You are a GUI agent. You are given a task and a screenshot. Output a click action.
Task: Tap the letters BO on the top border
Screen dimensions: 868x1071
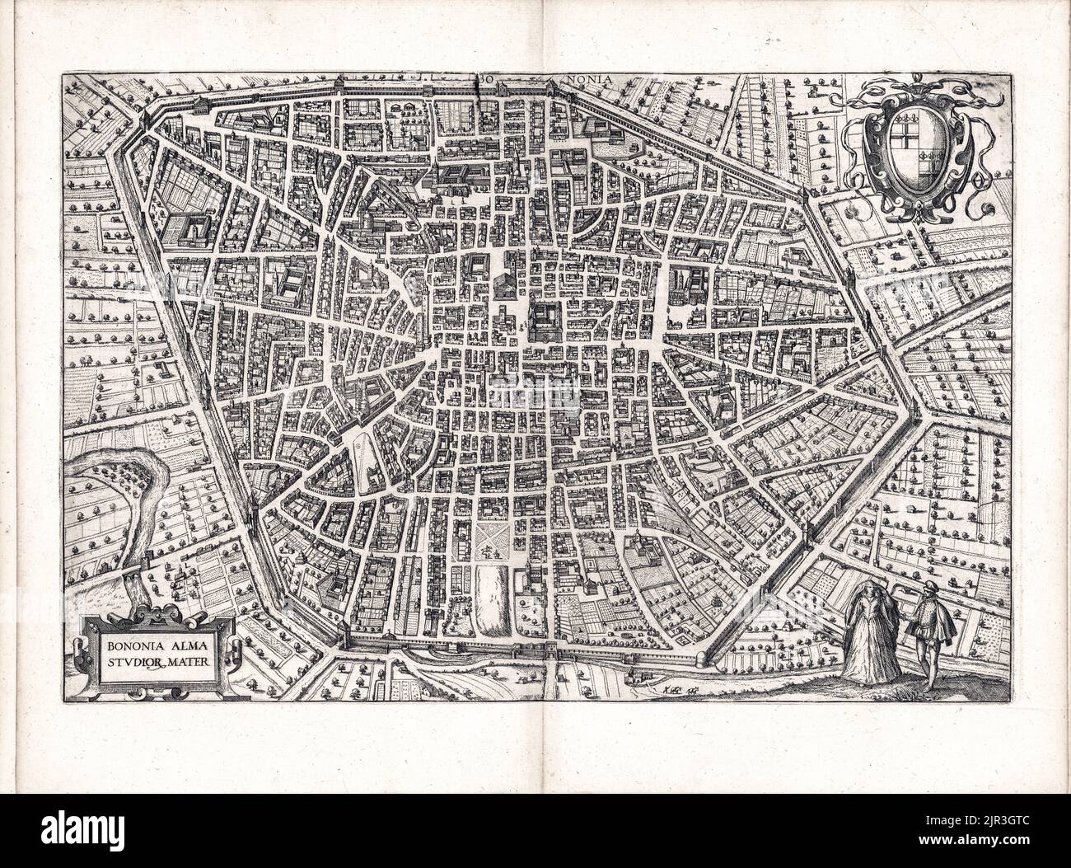pyautogui.click(x=485, y=79)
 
